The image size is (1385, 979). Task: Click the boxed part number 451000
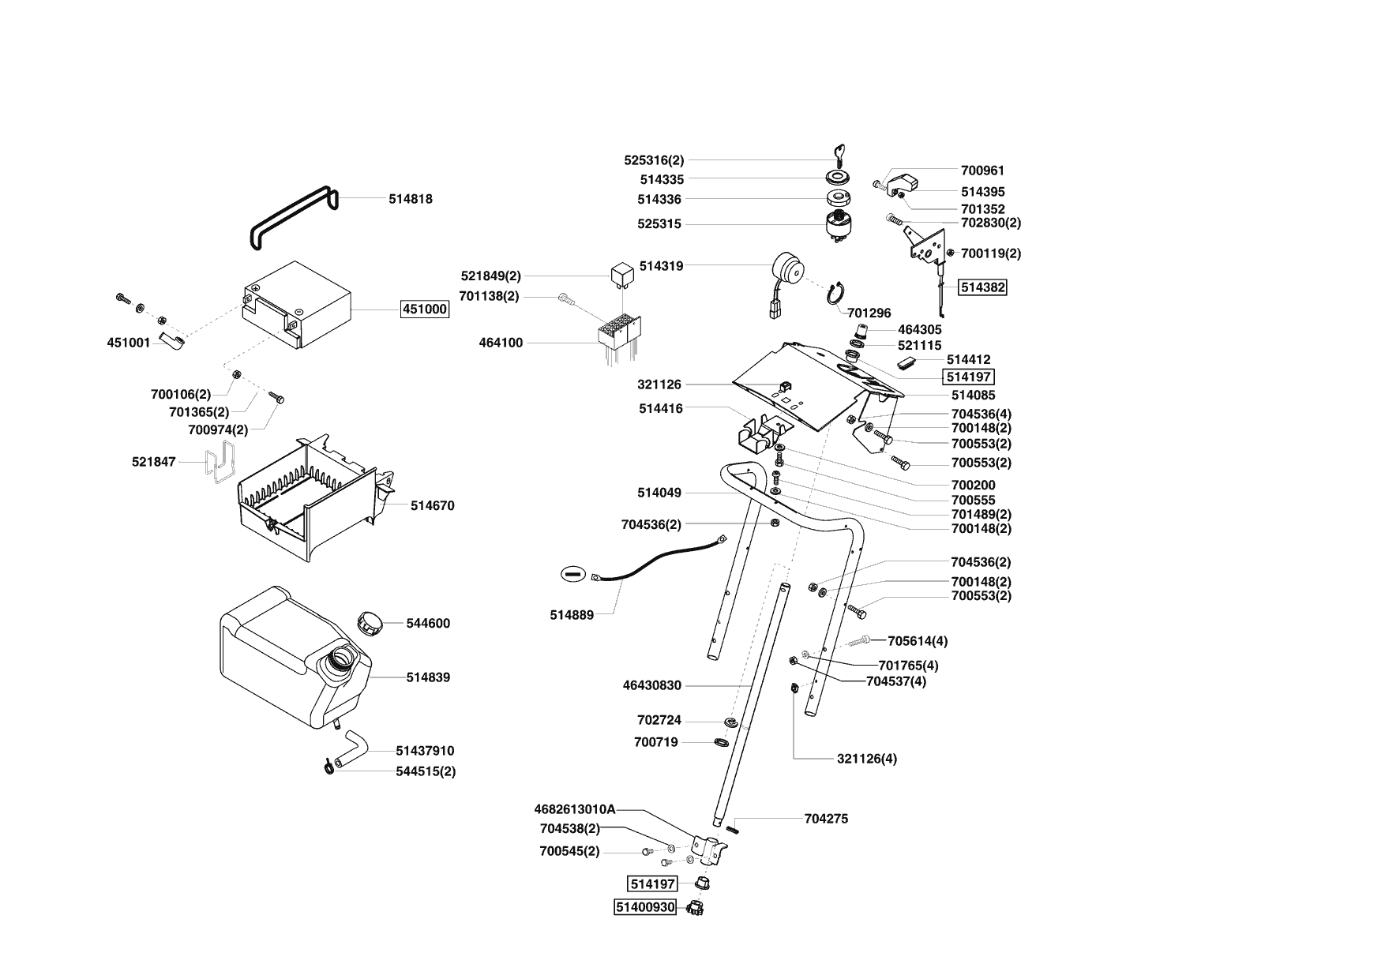[x=425, y=309]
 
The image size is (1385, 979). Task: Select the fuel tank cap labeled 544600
[x=369, y=621]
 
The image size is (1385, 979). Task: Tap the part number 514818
[x=410, y=199]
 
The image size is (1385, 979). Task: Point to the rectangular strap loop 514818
[x=292, y=217]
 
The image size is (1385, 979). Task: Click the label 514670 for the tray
[x=432, y=505]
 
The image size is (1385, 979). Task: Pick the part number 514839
[x=428, y=677]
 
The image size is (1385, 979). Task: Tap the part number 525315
[x=659, y=224]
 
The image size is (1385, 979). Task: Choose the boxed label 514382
[x=982, y=287]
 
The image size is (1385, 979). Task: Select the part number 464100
[x=501, y=343]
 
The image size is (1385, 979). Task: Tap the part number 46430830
[x=651, y=685]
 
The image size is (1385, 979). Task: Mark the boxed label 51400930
[x=645, y=907]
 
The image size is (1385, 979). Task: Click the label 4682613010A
[x=574, y=809]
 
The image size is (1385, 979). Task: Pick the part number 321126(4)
[x=866, y=759]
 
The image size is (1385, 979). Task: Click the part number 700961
[x=982, y=170]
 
